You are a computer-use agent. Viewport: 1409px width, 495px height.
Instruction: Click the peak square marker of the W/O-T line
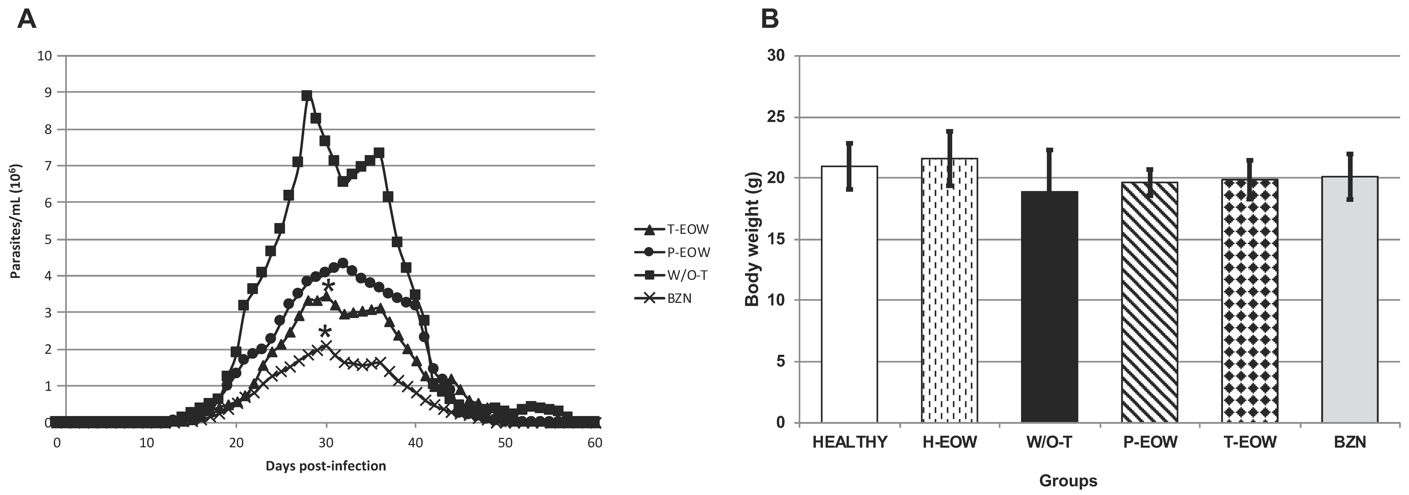[x=307, y=95]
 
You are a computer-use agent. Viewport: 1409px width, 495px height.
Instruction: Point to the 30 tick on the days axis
[x=326, y=442]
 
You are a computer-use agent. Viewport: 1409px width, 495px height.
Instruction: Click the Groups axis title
[x=1068, y=481]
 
